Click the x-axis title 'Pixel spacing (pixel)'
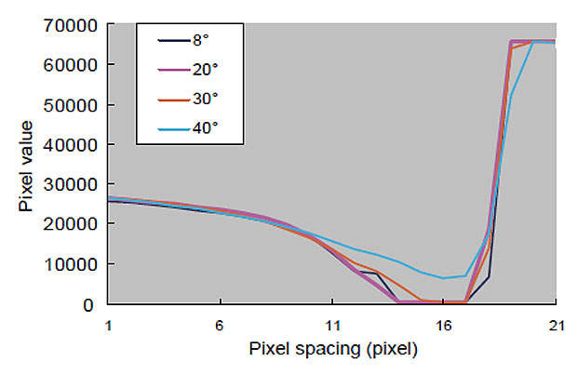point(332,351)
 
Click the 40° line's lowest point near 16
point(444,277)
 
